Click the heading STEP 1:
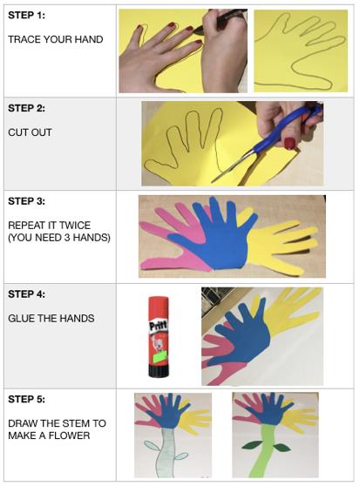tap(26, 15)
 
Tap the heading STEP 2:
tap(26, 108)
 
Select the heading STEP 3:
tap(26, 201)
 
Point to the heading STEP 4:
tap(26, 294)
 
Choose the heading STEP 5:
tap(26, 399)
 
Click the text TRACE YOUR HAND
tap(56, 39)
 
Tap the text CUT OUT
tap(30, 132)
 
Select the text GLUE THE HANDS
tap(51, 318)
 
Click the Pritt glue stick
tap(159, 337)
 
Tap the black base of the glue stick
tap(159, 371)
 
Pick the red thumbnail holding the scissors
tap(289, 143)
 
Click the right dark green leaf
tap(282, 448)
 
